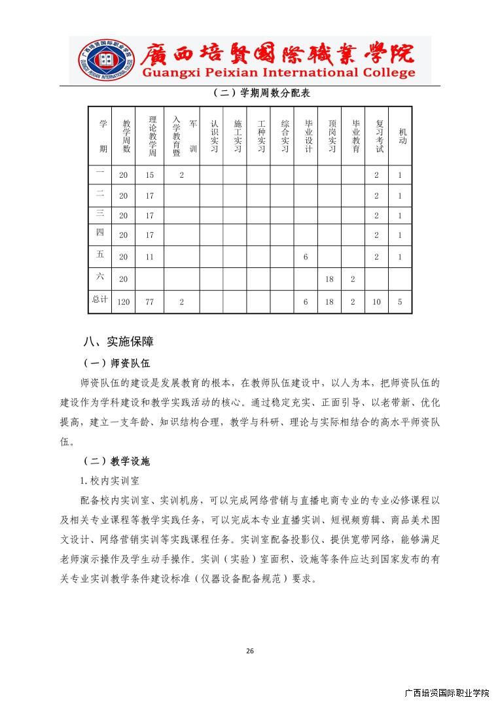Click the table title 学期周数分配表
[x=261, y=93]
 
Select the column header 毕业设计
[x=306, y=136]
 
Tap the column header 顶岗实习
[x=330, y=136]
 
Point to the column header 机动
[x=401, y=136]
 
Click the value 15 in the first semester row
[x=150, y=175]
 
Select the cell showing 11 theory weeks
[x=150, y=257]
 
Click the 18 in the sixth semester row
[x=329, y=279]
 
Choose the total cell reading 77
[x=150, y=302]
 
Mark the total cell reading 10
[x=376, y=302]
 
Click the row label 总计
[x=99, y=299]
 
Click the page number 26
[x=249, y=650]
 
